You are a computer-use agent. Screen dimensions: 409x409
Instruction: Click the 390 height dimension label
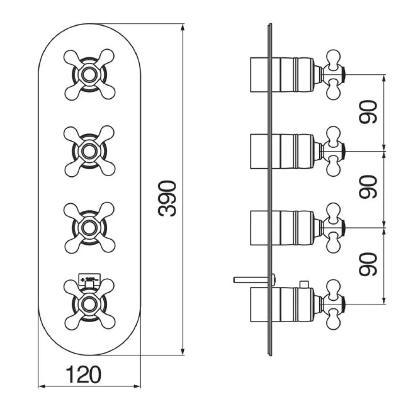[x=167, y=198]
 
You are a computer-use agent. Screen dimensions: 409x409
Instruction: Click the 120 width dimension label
[x=84, y=374]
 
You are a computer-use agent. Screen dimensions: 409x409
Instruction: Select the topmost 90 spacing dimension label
[x=368, y=112]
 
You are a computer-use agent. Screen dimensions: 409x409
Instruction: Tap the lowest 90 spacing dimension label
[x=368, y=265]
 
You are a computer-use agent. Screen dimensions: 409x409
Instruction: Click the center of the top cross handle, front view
[x=89, y=75]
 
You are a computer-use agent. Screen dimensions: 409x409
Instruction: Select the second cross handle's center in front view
[x=89, y=151]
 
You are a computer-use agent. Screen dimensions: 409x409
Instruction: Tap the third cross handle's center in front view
[x=89, y=227]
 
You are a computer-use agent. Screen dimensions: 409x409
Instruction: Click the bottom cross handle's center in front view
[x=89, y=302]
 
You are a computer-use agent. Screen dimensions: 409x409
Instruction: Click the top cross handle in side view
[x=333, y=75]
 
